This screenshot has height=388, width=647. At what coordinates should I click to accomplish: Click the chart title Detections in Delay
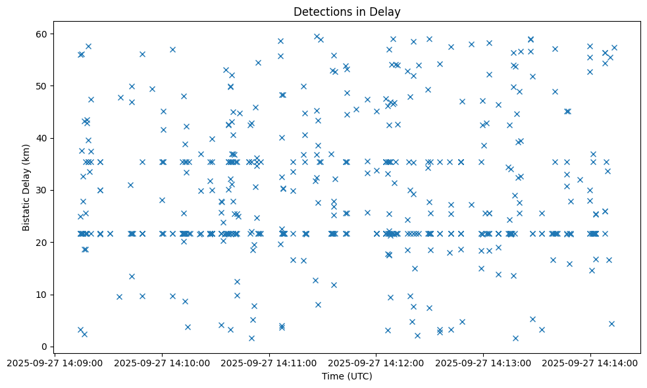click(347, 12)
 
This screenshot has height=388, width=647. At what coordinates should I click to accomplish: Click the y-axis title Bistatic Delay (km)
click(26, 187)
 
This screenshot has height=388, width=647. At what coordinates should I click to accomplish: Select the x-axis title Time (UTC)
click(347, 376)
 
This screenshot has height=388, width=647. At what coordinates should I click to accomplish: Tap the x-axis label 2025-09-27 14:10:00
click(163, 362)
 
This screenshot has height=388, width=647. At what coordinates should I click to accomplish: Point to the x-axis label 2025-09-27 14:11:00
click(269, 362)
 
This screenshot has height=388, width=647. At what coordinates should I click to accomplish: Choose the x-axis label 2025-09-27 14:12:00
click(376, 362)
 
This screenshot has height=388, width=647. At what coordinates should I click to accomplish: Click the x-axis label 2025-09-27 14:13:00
click(483, 362)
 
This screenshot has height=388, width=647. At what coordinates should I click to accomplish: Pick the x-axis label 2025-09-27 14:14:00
click(590, 362)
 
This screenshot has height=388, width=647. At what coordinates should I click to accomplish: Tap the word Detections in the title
click(321, 12)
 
